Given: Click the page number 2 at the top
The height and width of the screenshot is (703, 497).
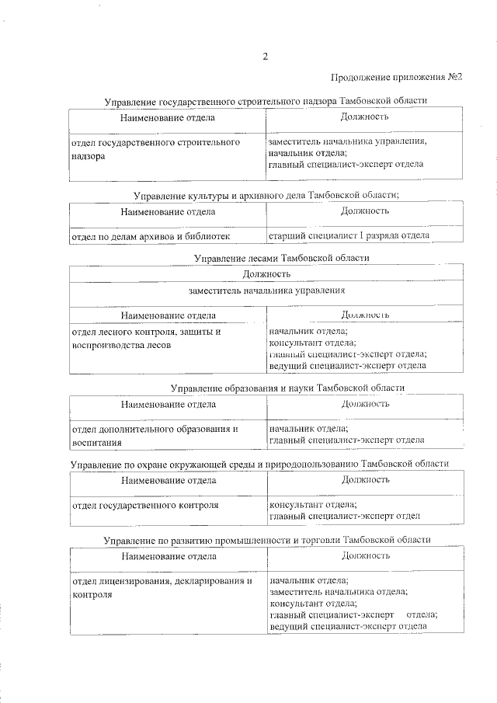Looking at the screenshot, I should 265,56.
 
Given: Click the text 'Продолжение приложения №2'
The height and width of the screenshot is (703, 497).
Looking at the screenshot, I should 397,77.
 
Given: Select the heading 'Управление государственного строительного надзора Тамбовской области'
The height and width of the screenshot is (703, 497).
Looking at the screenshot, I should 266,101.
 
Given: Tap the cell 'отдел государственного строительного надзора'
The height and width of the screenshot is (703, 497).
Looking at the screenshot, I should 155,149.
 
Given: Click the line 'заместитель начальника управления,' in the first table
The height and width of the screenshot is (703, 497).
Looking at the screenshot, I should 347,143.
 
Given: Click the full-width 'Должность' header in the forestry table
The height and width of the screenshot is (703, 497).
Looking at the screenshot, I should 266,273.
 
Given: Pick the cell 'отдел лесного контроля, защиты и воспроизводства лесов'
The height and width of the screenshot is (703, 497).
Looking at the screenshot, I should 147,339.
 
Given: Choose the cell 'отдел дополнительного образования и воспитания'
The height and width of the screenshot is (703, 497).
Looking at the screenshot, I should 155,434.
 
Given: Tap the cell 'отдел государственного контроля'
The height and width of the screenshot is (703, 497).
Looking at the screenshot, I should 144,505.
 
